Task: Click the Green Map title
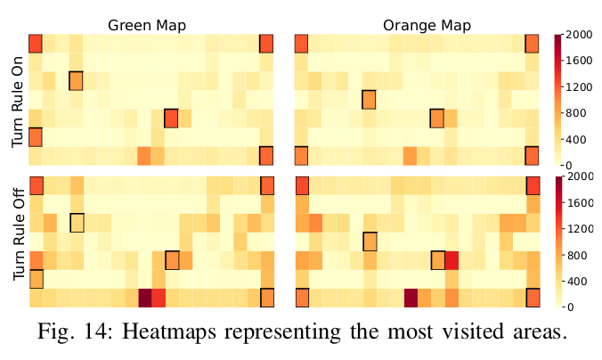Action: click(147, 25)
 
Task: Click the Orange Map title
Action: click(414, 25)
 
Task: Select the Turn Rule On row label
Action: click(18, 100)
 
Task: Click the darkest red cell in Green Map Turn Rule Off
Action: click(144, 298)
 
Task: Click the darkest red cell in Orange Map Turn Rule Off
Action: click(411, 298)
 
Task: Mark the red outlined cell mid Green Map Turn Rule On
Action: click(171, 119)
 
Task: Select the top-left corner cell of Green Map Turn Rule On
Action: click(36, 44)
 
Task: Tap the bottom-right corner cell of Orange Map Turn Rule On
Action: click(532, 156)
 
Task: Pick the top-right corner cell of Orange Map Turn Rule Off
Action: click(532, 185)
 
